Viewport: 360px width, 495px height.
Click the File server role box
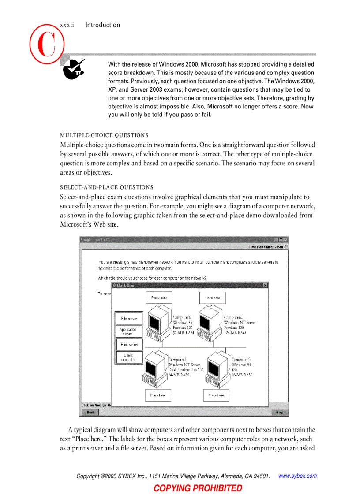(x=129, y=318)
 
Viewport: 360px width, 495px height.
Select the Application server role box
(x=128, y=331)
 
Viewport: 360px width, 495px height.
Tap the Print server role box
(x=129, y=345)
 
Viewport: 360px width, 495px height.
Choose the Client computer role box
(x=128, y=357)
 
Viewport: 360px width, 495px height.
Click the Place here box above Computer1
(x=159, y=298)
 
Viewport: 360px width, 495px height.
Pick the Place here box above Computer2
(x=212, y=298)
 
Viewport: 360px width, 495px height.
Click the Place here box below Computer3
(x=158, y=395)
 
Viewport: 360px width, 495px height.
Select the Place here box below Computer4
(x=216, y=395)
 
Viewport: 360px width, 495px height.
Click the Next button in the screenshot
(x=90, y=413)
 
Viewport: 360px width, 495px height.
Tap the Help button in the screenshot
(x=280, y=413)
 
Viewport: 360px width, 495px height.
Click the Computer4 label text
(x=241, y=360)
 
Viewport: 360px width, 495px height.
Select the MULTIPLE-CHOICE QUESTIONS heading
(x=104, y=135)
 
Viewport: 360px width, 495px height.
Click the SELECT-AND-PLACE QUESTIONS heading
(x=107, y=187)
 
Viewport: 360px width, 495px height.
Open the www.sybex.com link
(x=298, y=476)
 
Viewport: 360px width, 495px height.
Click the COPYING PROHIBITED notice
(x=198, y=488)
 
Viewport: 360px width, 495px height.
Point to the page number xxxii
(x=66, y=25)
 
